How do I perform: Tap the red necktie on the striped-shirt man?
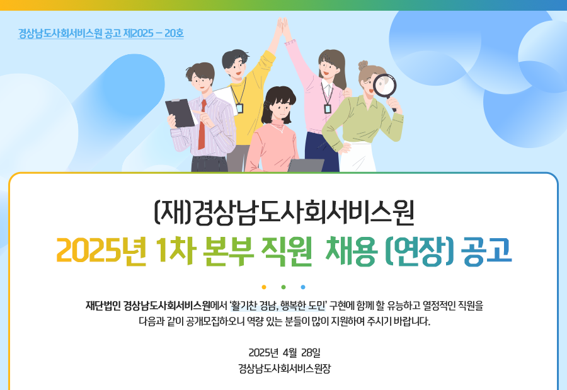pyautogui.click(x=202, y=125)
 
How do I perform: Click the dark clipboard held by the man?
pyautogui.click(x=180, y=113)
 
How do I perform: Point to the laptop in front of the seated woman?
pyautogui.click(x=306, y=165)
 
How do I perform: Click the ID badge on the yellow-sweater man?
pyautogui.click(x=239, y=108)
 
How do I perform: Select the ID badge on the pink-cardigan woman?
pyautogui.click(x=327, y=108)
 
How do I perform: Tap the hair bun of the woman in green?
pyautogui.click(x=363, y=65)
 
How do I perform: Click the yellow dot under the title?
pyautogui.click(x=264, y=287)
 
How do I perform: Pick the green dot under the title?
pyautogui.click(x=283, y=287)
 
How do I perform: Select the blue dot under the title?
pyautogui.click(x=303, y=287)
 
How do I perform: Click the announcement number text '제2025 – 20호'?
pyautogui.click(x=154, y=33)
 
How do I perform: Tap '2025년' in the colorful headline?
pyautogui.click(x=101, y=251)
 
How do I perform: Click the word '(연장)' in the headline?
pyautogui.click(x=420, y=251)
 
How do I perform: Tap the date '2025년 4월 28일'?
pyautogui.click(x=284, y=352)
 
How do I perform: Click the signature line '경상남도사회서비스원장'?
pyautogui.click(x=284, y=369)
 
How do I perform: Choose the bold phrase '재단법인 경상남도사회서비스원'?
pyautogui.click(x=148, y=306)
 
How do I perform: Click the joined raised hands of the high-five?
pyautogui.click(x=282, y=25)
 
